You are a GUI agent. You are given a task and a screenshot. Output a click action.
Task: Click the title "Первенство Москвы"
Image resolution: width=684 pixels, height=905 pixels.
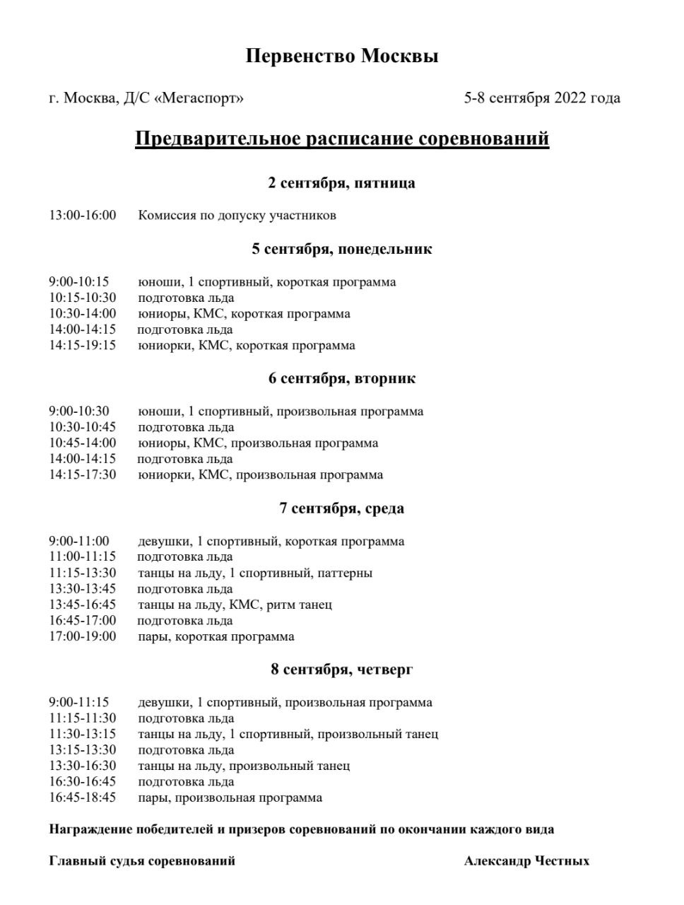pyautogui.click(x=342, y=56)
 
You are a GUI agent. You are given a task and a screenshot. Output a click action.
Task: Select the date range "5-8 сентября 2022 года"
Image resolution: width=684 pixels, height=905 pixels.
pyautogui.click(x=542, y=98)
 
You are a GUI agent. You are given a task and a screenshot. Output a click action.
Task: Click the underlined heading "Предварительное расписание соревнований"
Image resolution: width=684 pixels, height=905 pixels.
pyautogui.click(x=342, y=138)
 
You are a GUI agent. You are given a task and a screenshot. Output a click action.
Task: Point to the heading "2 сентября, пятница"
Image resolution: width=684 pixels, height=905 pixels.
pyautogui.click(x=342, y=183)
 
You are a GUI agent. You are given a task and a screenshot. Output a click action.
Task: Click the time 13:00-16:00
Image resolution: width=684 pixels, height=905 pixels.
pyautogui.click(x=83, y=215)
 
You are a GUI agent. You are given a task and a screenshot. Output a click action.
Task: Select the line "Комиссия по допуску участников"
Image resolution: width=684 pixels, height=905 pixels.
pyautogui.click(x=237, y=215)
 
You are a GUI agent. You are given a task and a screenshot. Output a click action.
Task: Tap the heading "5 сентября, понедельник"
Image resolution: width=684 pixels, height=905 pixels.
pyautogui.click(x=342, y=249)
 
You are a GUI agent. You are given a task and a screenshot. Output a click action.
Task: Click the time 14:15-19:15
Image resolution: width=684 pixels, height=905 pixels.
pyautogui.click(x=83, y=346)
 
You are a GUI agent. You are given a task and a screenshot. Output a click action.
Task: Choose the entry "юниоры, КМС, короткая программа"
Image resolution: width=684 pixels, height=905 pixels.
pyautogui.click(x=244, y=314)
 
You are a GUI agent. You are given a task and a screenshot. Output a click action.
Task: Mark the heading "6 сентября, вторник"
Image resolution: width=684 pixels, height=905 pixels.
pyautogui.click(x=342, y=378)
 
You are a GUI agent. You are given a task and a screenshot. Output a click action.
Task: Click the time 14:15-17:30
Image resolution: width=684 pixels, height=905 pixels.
pyautogui.click(x=83, y=475)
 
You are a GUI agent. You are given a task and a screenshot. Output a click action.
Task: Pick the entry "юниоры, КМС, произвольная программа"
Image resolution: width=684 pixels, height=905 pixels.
pyautogui.click(x=258, y=443)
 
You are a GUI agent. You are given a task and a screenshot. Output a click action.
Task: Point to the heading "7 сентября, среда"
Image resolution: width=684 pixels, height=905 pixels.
pyautogui.click(x=342, y=508)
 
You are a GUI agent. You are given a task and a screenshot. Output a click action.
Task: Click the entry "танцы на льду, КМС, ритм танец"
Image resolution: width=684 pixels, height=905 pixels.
pyautogui.click(x=235, y=605)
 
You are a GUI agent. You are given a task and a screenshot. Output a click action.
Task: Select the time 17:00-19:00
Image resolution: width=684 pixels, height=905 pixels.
pyautogui.click(x=83, y=636)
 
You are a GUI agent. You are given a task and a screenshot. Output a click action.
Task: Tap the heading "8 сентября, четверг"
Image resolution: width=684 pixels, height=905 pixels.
pyautogui.click(x=342, y=669)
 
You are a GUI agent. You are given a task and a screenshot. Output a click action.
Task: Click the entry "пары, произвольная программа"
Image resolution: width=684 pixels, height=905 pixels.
pyautogui.click(x=230, y=798)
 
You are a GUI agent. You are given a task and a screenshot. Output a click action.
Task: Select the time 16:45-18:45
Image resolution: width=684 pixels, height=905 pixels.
pyautogui.click(x=83, y=798)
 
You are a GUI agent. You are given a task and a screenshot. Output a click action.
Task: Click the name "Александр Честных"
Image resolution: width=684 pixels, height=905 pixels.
pyautogui.click(x=526, y=860)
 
